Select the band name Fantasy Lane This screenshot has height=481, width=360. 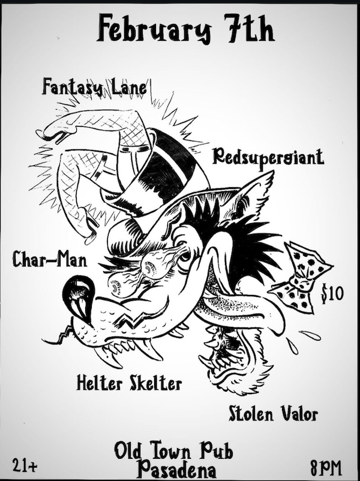(95, 88)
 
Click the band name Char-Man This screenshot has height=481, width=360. (50, 260)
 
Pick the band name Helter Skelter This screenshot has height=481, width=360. (129, 382)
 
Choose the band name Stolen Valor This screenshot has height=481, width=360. (273, 413)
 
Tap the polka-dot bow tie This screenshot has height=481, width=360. (300, 277)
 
